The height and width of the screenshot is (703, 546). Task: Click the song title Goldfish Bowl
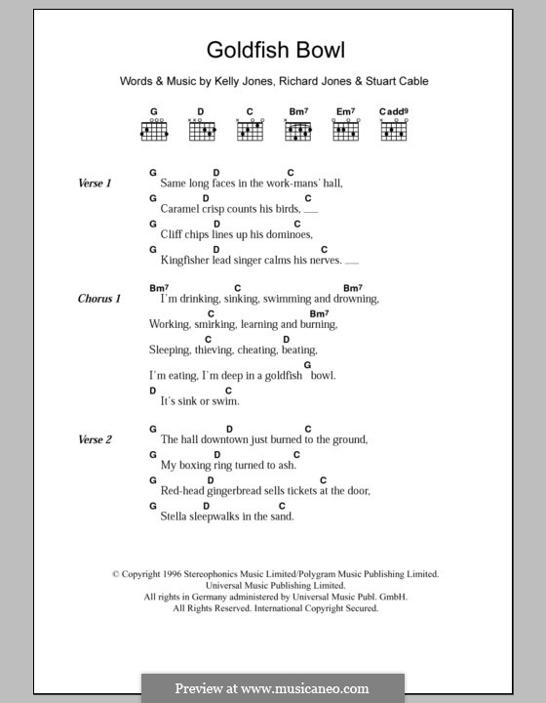click(x=275, y=50)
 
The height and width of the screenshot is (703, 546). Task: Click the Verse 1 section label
click(x=96, y=183)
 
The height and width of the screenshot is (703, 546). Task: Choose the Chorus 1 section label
click(x=99, y=299)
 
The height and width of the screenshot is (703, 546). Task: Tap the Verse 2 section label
click(x=96, y=439)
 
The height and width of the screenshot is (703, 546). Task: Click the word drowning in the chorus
click(x=353, y=299)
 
